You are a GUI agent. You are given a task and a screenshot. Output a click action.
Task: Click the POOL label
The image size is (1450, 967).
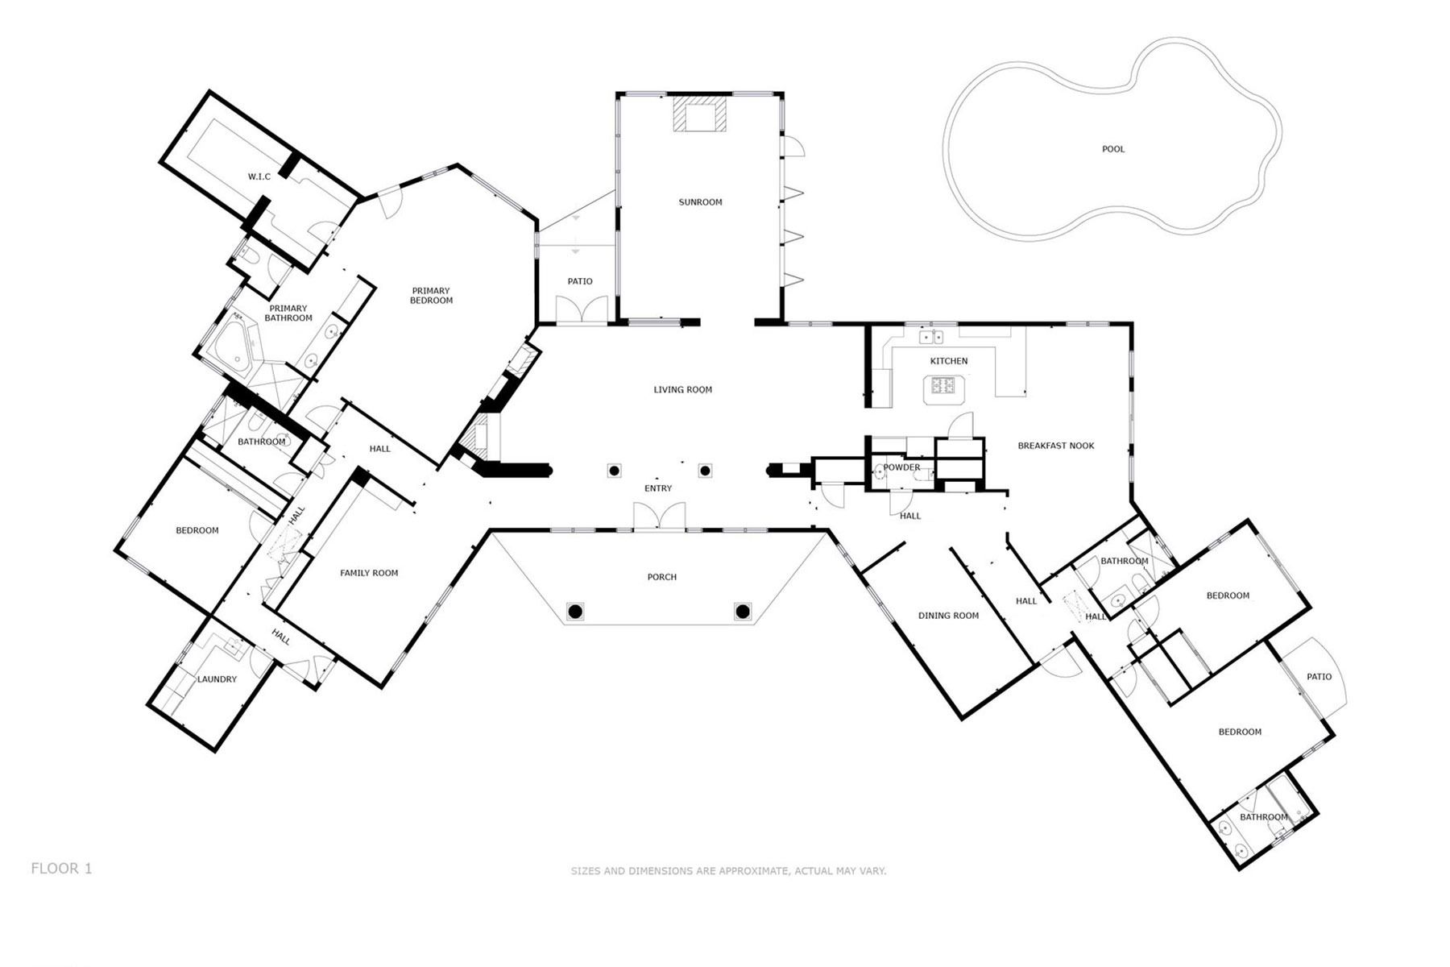[x=1113, y=149]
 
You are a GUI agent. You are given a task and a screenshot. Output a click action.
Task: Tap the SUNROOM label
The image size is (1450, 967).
[x=700, y=202]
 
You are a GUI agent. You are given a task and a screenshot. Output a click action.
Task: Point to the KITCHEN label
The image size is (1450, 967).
[x=949, y=361]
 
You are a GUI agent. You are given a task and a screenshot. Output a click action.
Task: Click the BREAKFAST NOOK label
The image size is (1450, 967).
[x=1056, y=446]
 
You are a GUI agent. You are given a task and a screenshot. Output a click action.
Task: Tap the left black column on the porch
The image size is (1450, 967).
[x=574, y=612]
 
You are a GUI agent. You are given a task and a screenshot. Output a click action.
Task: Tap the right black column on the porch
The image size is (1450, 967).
[x=743, y=612]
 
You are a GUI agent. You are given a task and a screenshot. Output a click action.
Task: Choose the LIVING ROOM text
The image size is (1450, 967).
[x=682, y=390]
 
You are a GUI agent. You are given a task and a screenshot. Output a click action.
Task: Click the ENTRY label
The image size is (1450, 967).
[x=658, y=488]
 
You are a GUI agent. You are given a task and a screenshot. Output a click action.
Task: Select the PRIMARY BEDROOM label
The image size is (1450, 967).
[x=431, y=296]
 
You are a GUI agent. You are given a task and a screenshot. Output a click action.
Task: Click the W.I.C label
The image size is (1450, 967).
[x=259, y=176]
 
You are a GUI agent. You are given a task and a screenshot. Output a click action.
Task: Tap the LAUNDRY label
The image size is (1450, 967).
[x=217, y=679]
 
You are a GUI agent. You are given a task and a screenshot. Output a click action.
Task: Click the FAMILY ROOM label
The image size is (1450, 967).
[x=369, y=573]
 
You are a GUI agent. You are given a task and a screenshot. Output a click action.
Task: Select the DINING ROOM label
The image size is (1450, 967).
[x=949, y=616]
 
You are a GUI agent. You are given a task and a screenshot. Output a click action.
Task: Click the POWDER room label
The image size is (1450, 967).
[x=901, y=467]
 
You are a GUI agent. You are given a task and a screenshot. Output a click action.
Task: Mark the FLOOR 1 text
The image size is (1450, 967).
[x=61, y=869]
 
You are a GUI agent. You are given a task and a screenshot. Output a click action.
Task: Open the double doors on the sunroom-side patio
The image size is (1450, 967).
[x=580, y=310]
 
